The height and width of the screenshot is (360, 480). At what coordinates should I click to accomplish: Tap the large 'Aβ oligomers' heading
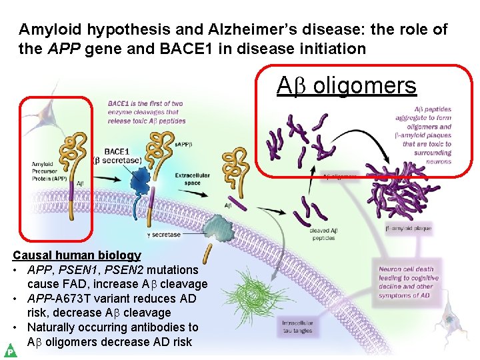347,86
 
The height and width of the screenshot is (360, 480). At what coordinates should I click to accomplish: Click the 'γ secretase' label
163,235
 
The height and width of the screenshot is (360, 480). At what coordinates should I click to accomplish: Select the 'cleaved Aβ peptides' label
324,234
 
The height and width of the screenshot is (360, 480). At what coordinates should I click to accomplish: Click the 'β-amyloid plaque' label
409,228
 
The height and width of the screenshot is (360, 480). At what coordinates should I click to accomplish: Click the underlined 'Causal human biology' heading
77,255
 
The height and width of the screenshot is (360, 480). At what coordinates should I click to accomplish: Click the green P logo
10,350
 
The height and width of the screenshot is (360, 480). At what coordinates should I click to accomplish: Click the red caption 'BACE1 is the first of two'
145,104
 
